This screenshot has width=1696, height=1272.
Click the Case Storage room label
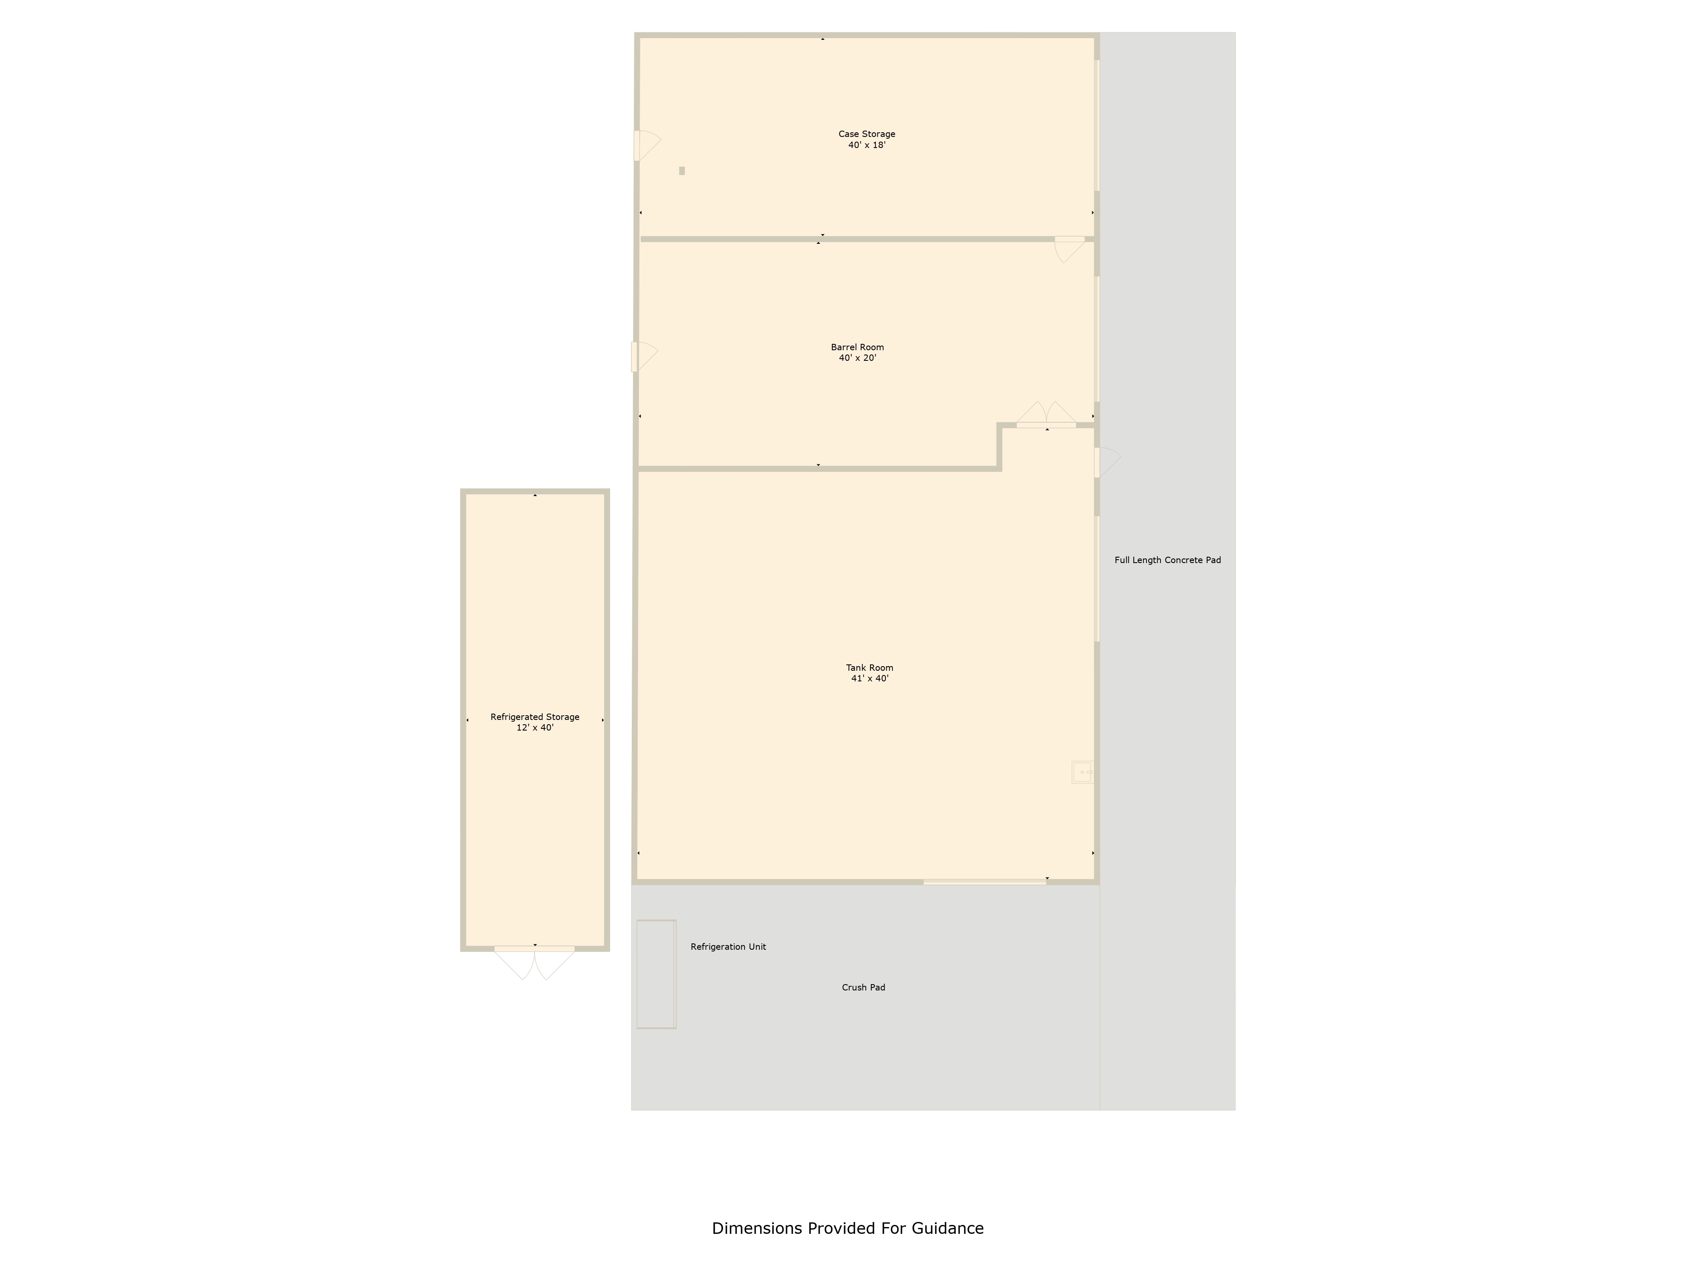(x=866, y=134)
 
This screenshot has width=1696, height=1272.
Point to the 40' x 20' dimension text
(x=857, y=358)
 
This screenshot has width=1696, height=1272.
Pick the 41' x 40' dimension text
(x=870, y=678)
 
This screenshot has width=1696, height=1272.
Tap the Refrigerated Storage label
(x=534, y=717)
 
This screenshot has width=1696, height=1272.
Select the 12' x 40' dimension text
(x=534, y=728)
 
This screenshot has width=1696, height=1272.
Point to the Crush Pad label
(x=863, y=987)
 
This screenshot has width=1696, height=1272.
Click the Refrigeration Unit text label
(x=728, y=947)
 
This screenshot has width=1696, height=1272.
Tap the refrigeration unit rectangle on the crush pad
(x=656, y=974)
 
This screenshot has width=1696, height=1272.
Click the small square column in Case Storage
(x=682, y=171)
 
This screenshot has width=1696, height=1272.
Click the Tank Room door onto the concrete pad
(x=1106, y=462)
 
